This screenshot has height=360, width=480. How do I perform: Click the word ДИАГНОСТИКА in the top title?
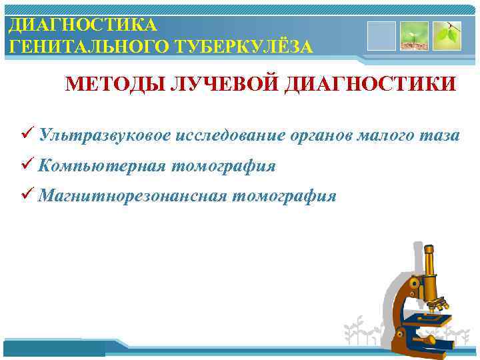(x=83, y=25)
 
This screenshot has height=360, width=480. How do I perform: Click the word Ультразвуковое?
(x=106, y=136)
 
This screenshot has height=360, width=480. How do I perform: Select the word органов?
(x=323, y=136)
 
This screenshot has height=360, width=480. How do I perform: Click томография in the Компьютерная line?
(x=223, y=166)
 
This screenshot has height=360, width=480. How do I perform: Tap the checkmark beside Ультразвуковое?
(x=27, y=135)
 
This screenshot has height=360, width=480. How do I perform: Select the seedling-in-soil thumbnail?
(x=413, y=35)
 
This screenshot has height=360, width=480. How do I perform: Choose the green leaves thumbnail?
(x=446, y=35)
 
